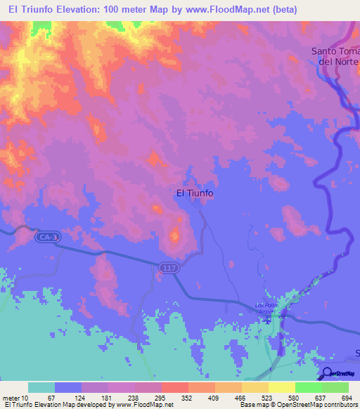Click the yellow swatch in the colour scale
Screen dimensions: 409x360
[x=281, y=387]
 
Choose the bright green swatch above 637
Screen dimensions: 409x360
[x=308, y=387]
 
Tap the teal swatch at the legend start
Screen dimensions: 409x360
[x=41, y=387]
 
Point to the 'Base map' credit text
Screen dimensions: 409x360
[x=255, y=405]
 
